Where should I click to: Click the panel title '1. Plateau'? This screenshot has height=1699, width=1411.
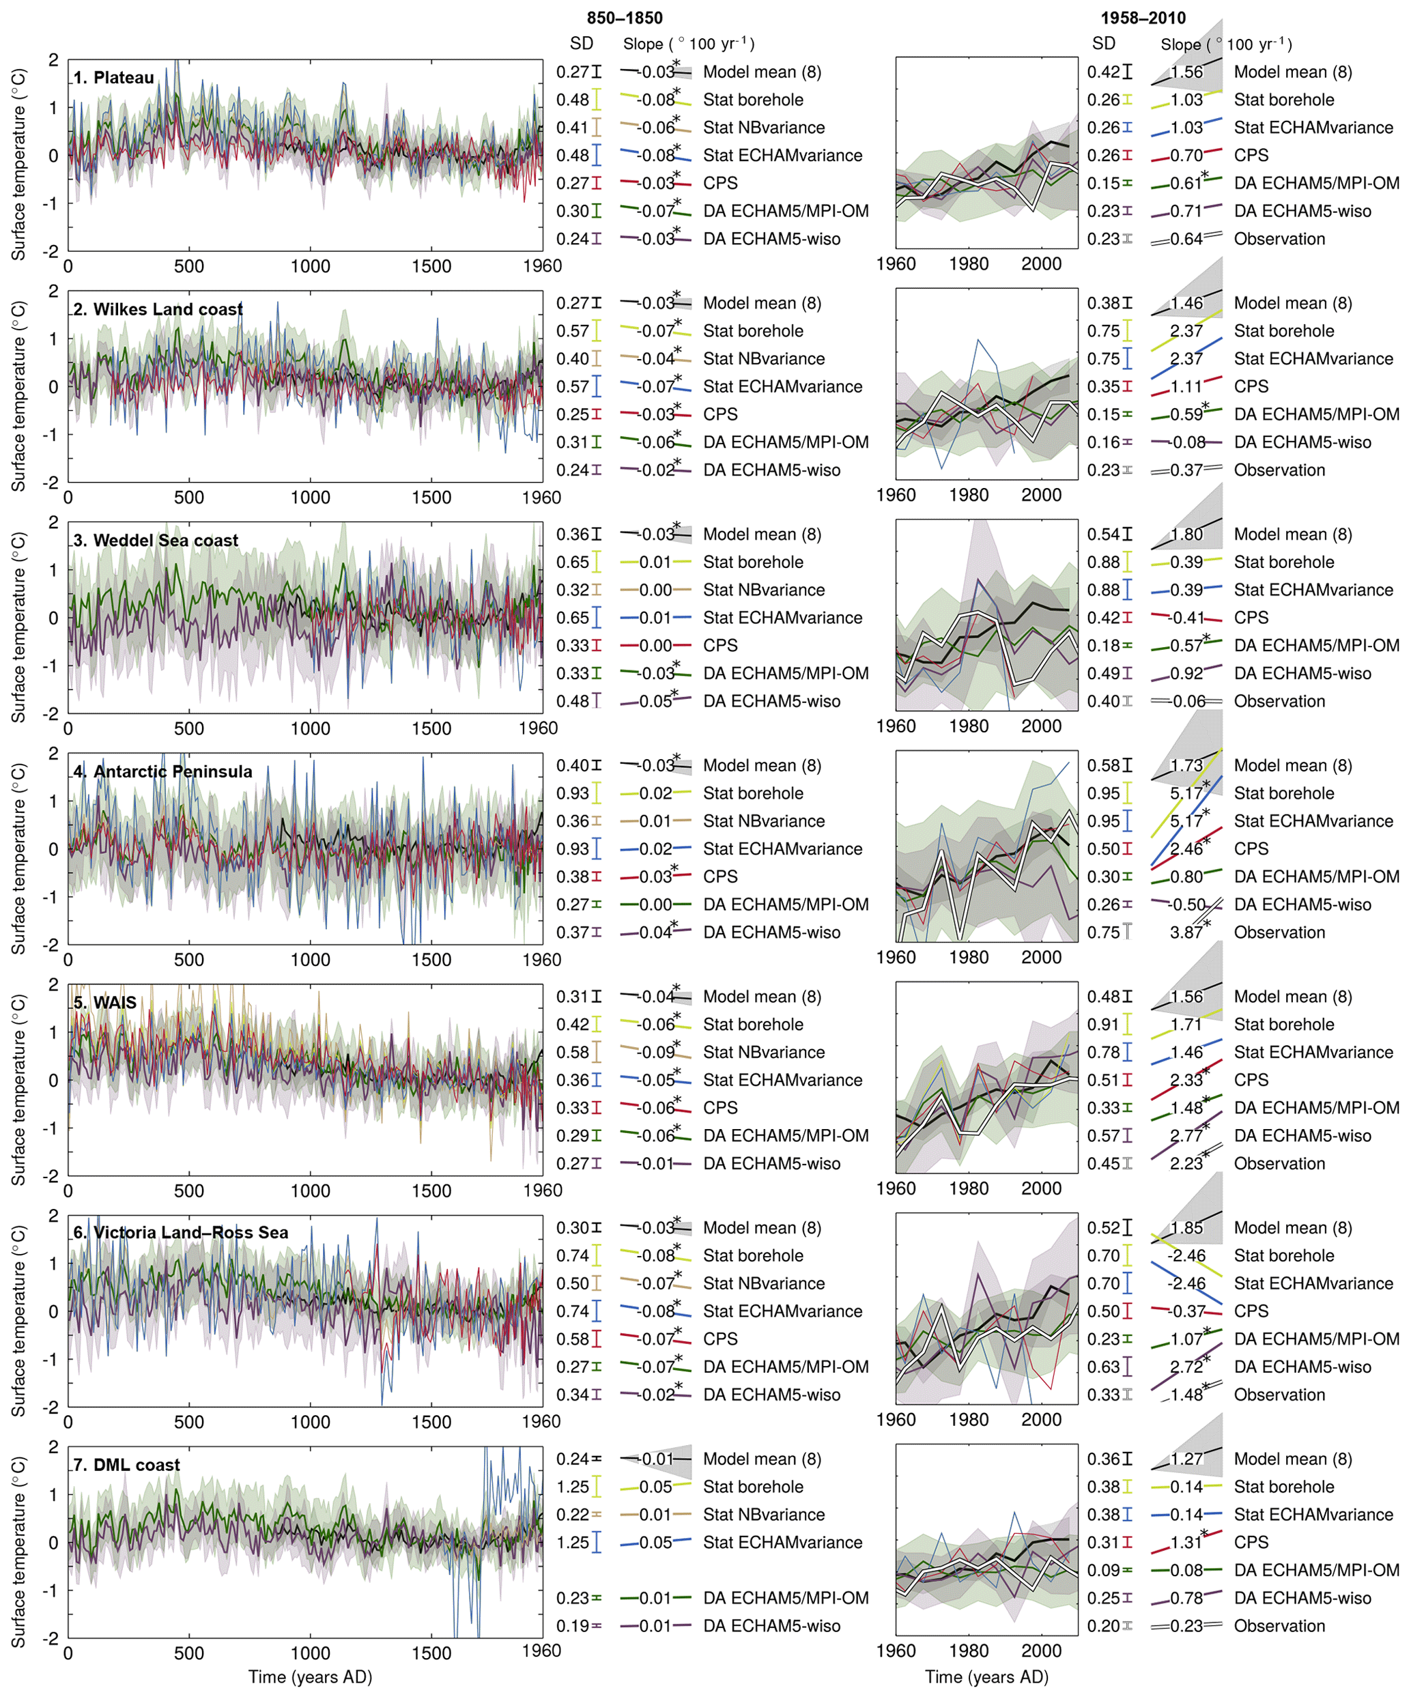point(113,78)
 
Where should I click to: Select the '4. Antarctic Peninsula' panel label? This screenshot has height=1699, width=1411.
point(162,771)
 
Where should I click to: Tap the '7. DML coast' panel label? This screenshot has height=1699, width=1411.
point(126,1464)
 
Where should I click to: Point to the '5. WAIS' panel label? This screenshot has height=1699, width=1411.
point(105,1003)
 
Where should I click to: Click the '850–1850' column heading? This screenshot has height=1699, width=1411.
point(624,18)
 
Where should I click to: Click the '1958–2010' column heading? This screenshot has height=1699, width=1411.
point(1143,18)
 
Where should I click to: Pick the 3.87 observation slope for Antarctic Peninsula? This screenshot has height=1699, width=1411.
point(1186,932)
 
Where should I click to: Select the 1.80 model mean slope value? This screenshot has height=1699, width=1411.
point(1186,534)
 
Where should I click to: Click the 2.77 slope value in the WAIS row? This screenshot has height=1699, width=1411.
point(1186,1135)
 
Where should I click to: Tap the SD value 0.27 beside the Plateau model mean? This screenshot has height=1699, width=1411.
point(572,72)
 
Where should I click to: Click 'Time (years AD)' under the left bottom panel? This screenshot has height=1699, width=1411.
point(310,1676)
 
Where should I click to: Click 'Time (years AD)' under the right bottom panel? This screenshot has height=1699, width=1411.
point(986,1676)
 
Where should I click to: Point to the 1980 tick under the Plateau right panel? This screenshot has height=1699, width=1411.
point(969,263)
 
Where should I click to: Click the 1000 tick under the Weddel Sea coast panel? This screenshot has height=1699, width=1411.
point(310,728)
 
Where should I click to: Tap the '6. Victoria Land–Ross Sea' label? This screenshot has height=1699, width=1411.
point(180,1232)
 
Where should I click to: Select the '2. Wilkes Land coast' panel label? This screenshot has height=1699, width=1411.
point(158,309)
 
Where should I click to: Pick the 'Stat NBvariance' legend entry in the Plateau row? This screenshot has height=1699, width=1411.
point(763,128)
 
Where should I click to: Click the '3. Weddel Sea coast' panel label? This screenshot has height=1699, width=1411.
point(156,541)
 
